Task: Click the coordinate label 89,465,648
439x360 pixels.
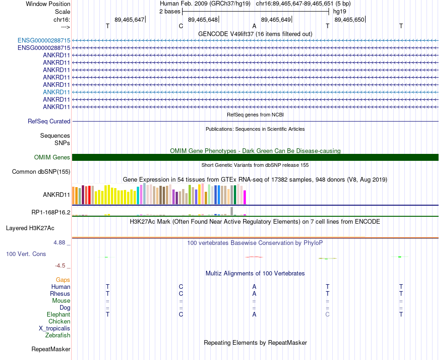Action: [x=203, y=19]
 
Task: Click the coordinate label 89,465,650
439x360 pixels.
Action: [x=349, y=19]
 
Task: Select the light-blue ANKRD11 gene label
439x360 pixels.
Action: [x=56, y=92]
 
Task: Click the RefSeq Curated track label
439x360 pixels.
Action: [x=49, y=121]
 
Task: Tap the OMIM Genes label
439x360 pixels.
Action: [x=52, y=158]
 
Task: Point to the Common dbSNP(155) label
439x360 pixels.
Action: [x=41, y=172]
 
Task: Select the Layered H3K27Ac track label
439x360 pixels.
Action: [x=30, y=228]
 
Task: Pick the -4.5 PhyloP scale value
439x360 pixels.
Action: [x=62, y=266]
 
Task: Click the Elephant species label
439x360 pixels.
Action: [x=59, y=314]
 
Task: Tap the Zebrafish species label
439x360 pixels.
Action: [x=58, y=335]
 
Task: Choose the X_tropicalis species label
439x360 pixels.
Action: [x=55, y=328]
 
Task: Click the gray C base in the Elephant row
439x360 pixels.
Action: [x=327, y=314]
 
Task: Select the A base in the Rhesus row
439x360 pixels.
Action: [x=254, y=293]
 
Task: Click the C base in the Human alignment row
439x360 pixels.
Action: [x=181, y=287]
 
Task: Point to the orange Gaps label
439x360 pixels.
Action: [x=63, y=280]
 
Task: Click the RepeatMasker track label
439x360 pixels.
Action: [x=51, y=349]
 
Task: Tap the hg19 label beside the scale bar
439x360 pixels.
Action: [x=339, y=11]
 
